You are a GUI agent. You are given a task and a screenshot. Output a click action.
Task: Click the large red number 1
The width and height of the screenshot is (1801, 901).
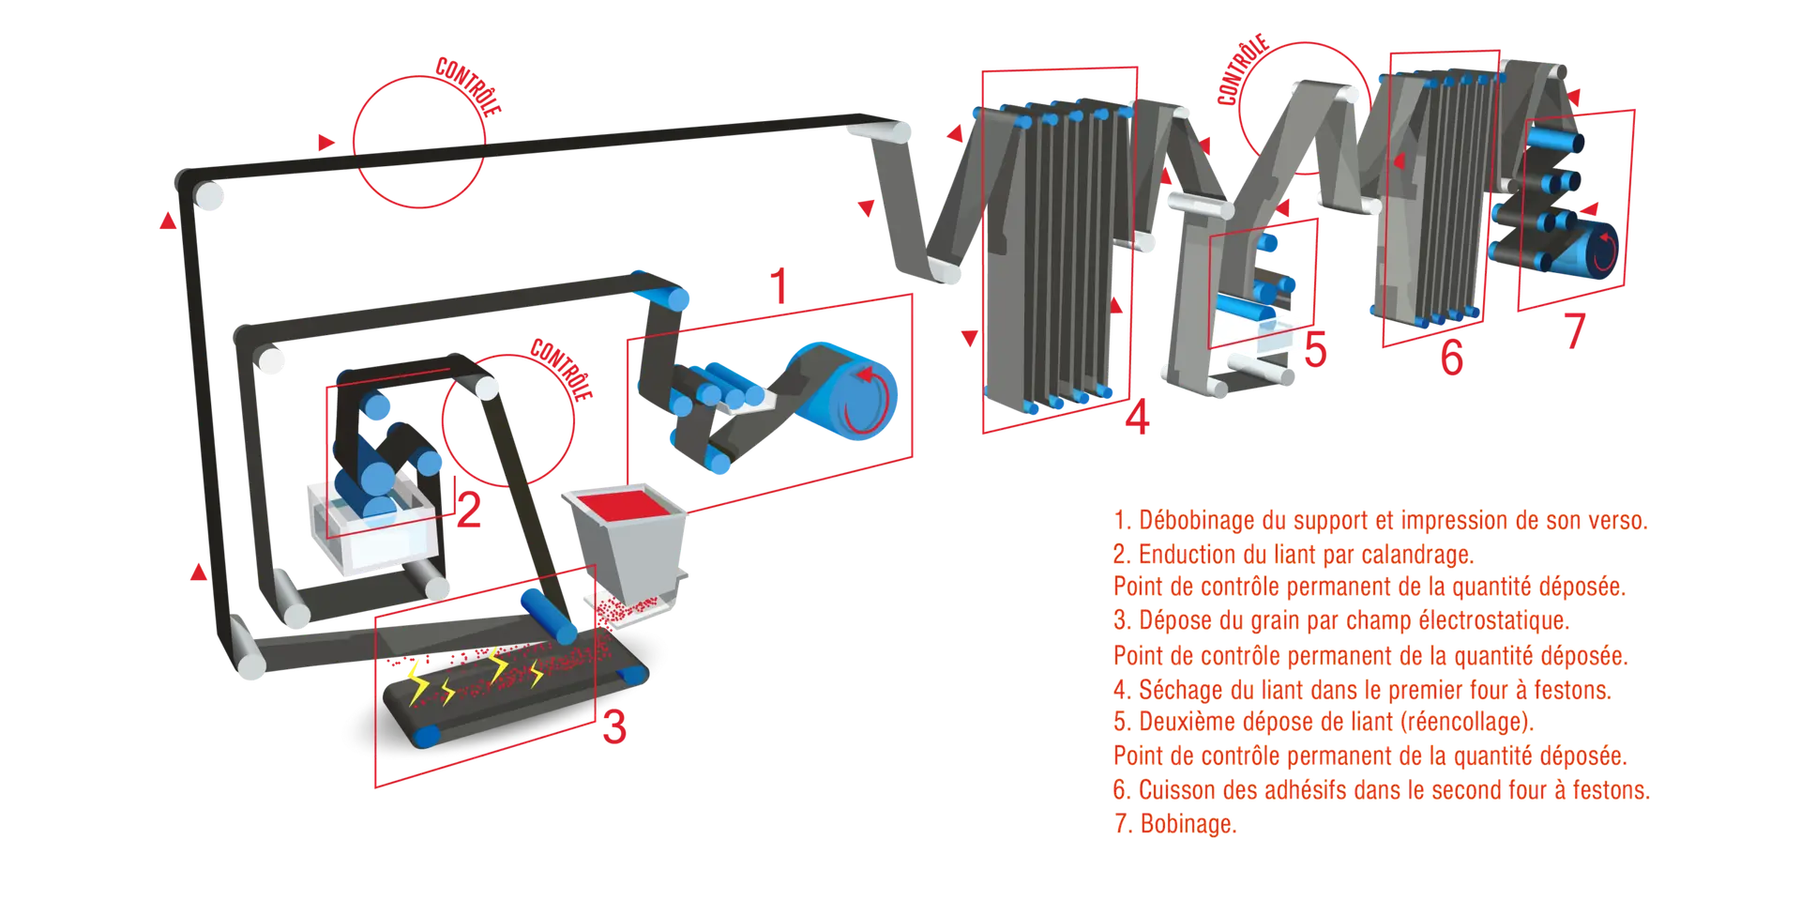click(x=778, y=288)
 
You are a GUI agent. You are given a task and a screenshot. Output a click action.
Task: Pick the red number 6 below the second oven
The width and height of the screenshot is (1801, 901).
click(x=1451, y=359)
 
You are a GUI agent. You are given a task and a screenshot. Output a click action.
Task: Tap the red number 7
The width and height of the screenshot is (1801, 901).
click(x=1575, y=329)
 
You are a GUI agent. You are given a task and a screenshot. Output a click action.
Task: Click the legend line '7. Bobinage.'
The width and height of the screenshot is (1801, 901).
click(x=1174, y=824)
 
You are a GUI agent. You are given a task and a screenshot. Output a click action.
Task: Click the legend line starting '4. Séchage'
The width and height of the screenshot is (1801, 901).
click(x=1362, y=690)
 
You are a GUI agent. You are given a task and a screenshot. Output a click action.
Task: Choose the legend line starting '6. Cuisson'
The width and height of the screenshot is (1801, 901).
click(x=1381, y=790)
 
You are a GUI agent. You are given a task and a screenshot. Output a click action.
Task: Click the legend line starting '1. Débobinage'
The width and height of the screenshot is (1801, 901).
click(x=1379, y=520)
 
